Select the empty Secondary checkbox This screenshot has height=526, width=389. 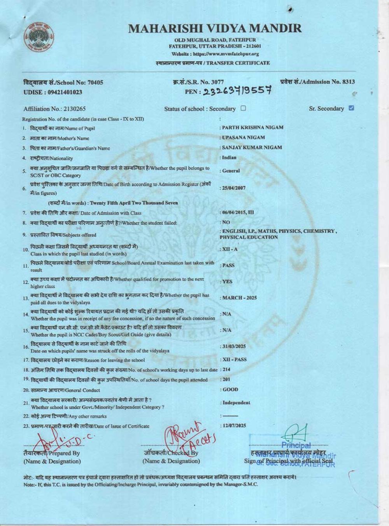pyautogui.click(x=243, y=108)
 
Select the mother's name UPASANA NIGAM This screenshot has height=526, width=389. pyautogui.click(x=244, y=138)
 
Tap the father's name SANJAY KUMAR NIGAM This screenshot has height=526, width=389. pyautogui.click(x=252, y=148)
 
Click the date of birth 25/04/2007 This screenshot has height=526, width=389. pyautogui.click(x=234, y=188)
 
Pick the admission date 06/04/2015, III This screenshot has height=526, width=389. pyautogui.click(x=238, y=213)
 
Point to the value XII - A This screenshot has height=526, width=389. pyautogui.click(x=230, y=249)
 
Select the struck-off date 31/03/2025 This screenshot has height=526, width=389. pyautogui.click(x=234, y=346)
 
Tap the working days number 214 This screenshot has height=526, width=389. pyautogui.click(x=227, y=369)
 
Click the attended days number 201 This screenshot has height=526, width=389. pyautogui.click(x=227, y=379)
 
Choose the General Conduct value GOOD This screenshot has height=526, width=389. pyautogui.click(x=230, y=390)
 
